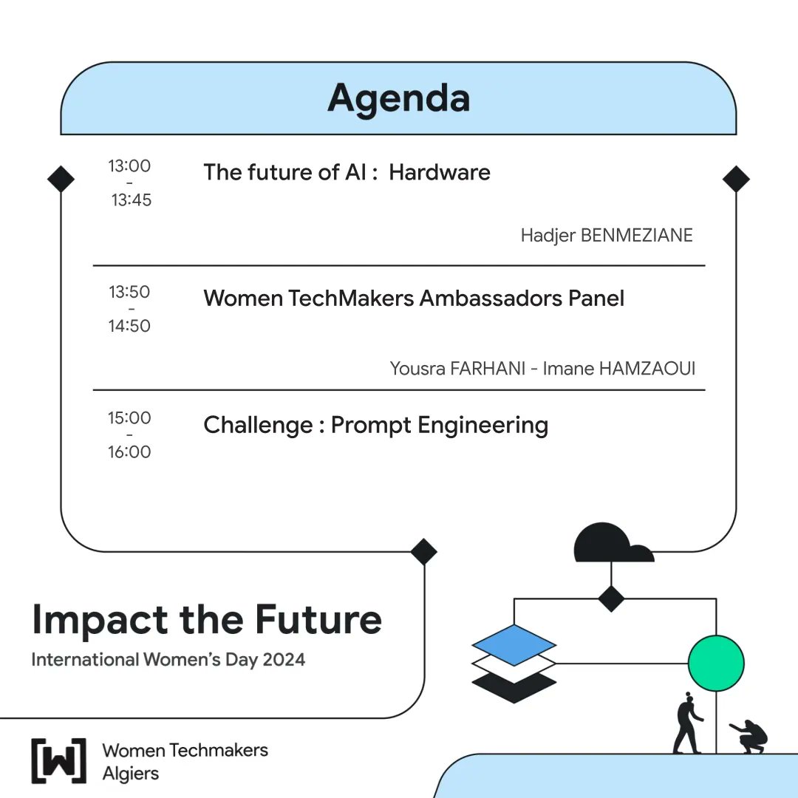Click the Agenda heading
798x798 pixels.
point(398,98)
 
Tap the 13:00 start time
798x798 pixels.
point(129,166)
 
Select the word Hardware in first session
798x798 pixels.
point(440,172)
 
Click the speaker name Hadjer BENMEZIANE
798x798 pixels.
point(607,236)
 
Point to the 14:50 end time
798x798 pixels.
point(129,326)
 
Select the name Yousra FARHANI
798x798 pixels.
point(457,368)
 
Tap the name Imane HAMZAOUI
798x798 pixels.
point(619,368)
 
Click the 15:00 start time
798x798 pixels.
point(129,418)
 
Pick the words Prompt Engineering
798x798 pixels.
point(440,425)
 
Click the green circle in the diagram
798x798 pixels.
point(716,663)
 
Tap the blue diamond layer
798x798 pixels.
point(514,644)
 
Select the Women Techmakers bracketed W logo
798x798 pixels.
point(58,760)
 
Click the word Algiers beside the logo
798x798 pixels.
point(130,774)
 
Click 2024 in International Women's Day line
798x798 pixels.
point(282,659)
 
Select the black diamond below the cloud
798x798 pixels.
point(611,598)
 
